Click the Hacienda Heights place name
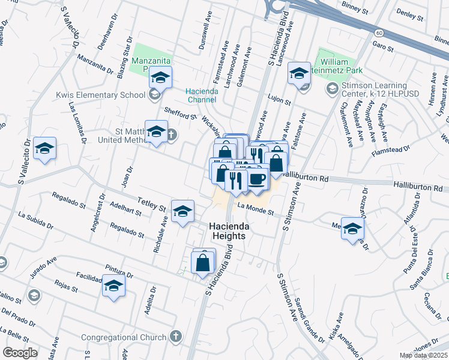(x=228, y=231)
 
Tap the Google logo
(x=20, y=353)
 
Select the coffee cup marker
(x=258, y=179)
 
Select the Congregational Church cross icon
(x=176, y=336)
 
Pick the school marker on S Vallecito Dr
(x=44, y=148)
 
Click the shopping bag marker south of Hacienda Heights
(x=203, y=262)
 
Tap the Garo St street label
(x=382, y=46)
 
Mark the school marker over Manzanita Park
(x=160, y=77)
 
